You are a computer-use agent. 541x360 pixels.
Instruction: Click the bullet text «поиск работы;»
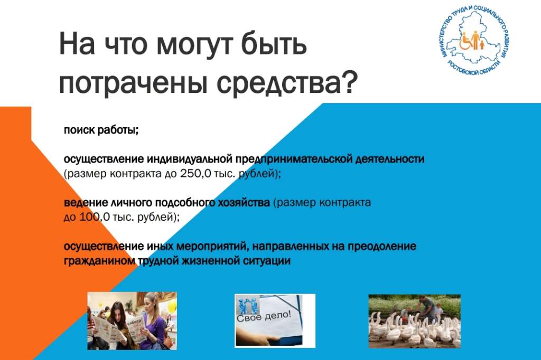(x=101, y=130)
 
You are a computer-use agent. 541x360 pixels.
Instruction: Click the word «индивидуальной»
(x=190, y=159)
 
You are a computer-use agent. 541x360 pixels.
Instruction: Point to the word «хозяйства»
(x=244, y=202)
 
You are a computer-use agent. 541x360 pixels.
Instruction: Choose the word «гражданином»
(x=99, y=261)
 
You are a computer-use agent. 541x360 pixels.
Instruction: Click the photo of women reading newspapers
(x=132, y=321)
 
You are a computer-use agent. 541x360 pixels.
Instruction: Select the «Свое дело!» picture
(x=275, y=321)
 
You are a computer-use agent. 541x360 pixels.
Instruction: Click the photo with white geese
(x=414, y=321)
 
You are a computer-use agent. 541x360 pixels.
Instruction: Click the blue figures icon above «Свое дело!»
(x=247, y=305)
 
